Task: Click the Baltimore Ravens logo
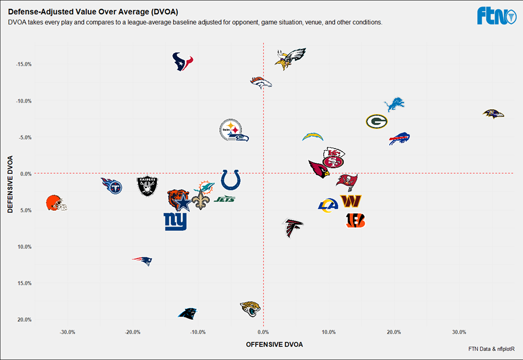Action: (x=493, y=114)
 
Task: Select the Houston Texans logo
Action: (x=183, y=62)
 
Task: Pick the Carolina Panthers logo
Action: (x=187, y=313)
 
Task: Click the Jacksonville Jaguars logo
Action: (x=250, y=309)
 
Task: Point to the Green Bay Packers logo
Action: (x=376, y=122)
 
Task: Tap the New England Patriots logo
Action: (x=142, y=260)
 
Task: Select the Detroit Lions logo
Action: (x=393, y=105)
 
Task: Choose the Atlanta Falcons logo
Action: (x=292, y=227)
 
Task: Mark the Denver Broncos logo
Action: (x=261, y=82)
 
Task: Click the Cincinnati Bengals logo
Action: (x=356, y=220)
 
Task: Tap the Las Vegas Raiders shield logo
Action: (x=147, y=186)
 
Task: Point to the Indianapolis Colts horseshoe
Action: (x=230, y=180)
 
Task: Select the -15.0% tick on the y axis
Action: (x=24, y=64)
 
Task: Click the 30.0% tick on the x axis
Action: (x=459, y=332)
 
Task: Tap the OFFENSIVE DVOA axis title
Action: (x=274, y=345)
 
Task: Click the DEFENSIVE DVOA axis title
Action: (x=11, y=184)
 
